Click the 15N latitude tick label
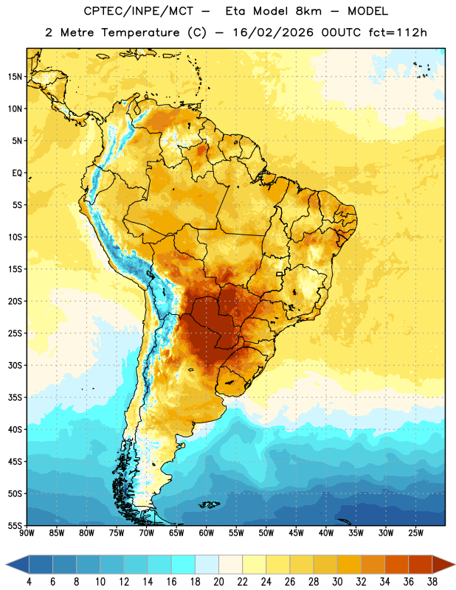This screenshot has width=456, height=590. (15, 77)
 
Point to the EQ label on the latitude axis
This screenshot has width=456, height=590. (17, 173)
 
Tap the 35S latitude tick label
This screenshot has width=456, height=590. (15, 398)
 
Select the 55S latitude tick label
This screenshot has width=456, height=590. (15, 525)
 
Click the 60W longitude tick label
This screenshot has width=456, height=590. (207, 533)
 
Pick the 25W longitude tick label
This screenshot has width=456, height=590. (415, 533)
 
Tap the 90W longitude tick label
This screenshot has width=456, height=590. (27, 533)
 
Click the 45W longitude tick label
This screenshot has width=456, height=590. (296, 533)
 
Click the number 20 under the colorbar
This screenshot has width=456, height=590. (218, 582)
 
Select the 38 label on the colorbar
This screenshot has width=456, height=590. (432, 582)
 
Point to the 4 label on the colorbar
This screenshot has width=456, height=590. (29, 582)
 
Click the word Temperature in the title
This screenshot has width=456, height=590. (140, 32)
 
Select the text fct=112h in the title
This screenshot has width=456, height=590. (398, 32)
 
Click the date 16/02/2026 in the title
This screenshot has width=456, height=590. (273, 32)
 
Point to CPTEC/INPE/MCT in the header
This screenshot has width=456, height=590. (138, 11)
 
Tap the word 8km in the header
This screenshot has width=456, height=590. (308, 11)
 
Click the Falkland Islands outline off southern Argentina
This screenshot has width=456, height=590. (209, 504)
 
